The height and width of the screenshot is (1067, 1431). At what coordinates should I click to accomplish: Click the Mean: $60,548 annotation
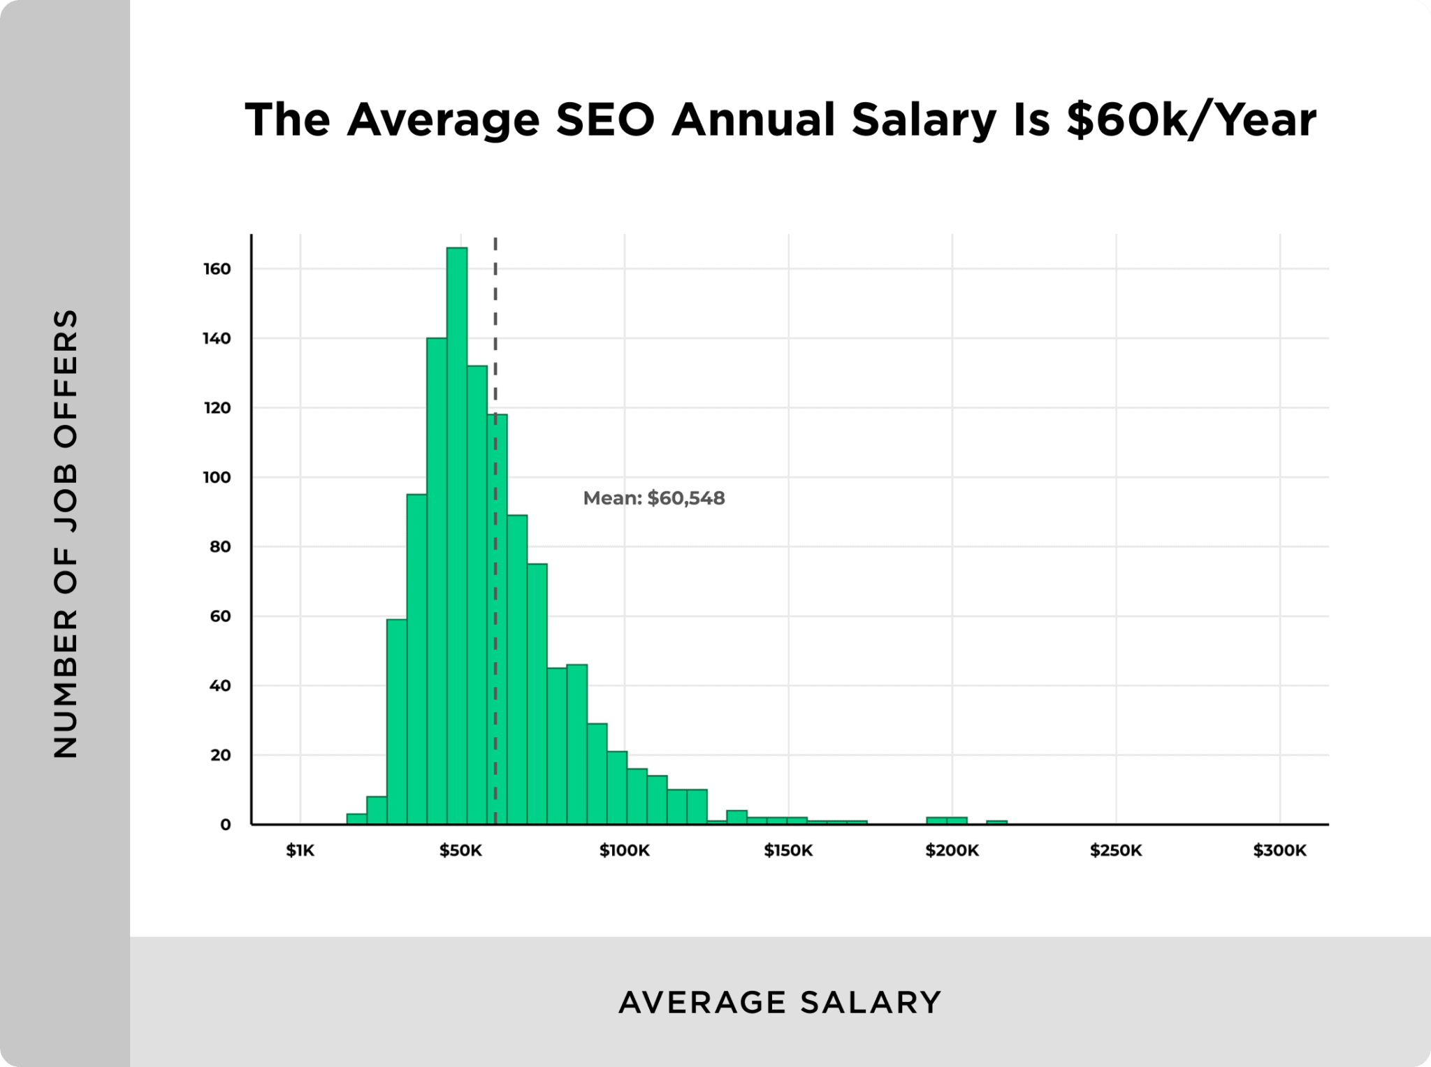(654, 498)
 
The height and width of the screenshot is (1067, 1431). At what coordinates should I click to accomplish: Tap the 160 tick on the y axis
(217, 269)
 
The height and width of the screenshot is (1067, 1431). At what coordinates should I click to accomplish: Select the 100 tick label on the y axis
(217, 477)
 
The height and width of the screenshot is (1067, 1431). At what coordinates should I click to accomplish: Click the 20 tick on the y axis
(220, 755)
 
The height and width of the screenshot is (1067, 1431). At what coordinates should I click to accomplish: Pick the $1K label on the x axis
(300, 850)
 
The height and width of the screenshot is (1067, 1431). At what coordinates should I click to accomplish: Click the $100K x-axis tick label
(625, 850)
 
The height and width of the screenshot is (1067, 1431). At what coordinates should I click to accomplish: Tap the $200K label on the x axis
(952, 850)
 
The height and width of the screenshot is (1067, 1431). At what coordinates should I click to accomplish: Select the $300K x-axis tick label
(1279, 850)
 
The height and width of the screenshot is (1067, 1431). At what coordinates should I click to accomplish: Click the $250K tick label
(1116, 850)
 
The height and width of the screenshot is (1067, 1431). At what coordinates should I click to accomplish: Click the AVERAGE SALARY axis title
(780, 1002)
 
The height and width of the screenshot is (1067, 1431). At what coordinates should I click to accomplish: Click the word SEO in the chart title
(605, 119)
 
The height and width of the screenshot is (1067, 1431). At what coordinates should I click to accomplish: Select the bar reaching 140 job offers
(437, 580)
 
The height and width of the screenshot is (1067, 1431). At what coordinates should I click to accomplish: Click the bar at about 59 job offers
(397, 720)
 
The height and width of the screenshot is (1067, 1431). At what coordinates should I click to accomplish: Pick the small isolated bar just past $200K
(997, 822)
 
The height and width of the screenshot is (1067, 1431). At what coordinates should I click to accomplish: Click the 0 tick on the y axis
(225, 825)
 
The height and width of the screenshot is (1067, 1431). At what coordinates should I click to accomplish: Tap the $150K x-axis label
(788, 850)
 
